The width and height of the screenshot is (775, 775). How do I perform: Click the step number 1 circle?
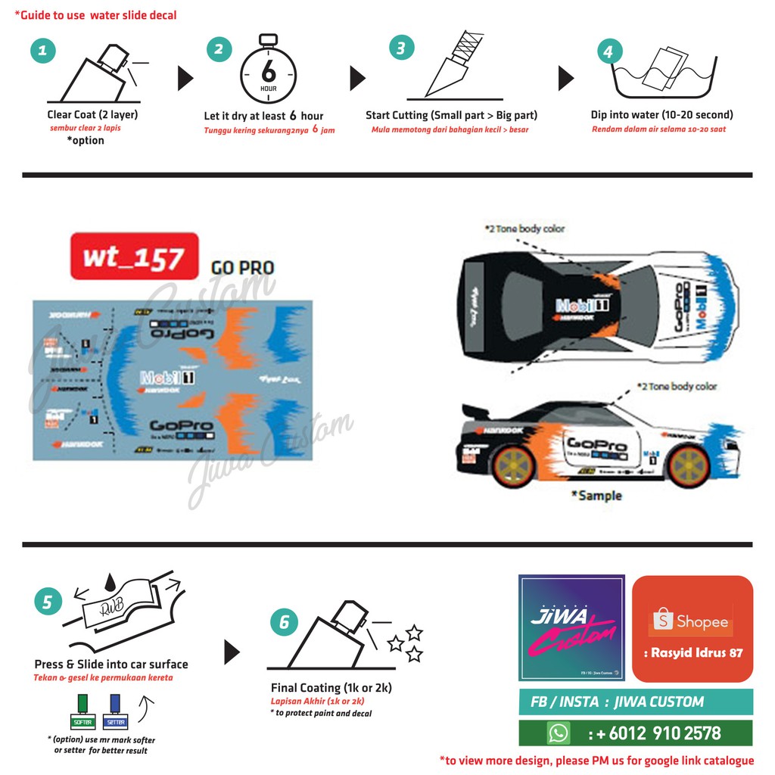pyautogui.click(x=43, y=51)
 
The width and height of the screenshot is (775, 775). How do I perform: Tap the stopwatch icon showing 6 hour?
pyautogui.click(x=268, y=71)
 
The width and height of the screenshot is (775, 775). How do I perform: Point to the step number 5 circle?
pyautogui.click(x=48, y=602)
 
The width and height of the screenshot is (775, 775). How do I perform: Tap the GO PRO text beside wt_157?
pyautogui.click(x=242, y=268)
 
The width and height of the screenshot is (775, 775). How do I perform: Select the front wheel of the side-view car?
pyautogui.click(x=686, y=466)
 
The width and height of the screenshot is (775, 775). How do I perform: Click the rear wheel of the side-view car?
pyautogui.click(x=514, y=467)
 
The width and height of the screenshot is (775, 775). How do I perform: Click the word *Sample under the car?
pyautogui.click(x=596, y=496)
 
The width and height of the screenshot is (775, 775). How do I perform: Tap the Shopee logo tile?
pyautogui.click(x=693, y=628)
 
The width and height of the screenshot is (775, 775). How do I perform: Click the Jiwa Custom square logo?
pyautogui.click(x=571, y=627)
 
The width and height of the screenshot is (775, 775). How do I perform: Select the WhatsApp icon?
pyautogui.click(x=559, y=733)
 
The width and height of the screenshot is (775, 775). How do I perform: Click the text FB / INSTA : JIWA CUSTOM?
pyautogui.click(x=617, y=702)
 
